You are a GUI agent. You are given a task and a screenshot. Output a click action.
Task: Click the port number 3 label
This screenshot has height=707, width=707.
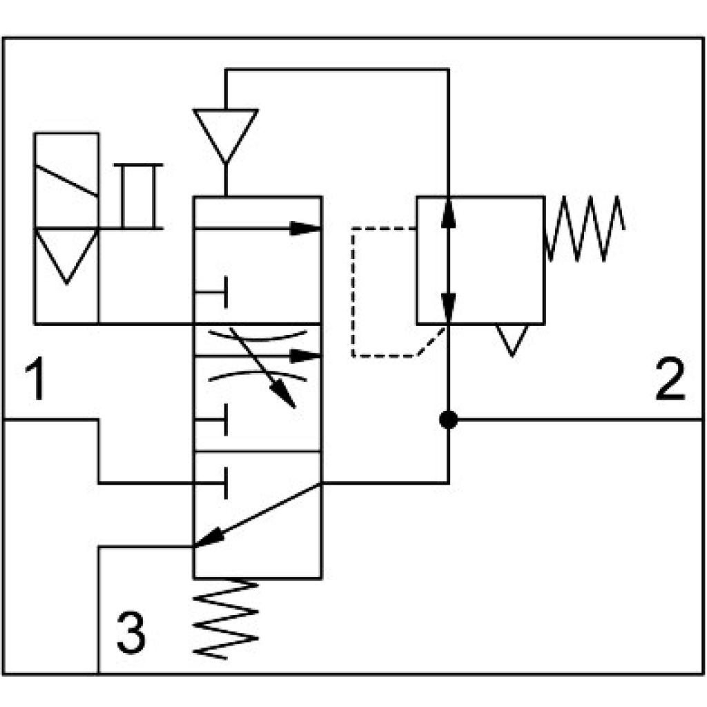[131, 632]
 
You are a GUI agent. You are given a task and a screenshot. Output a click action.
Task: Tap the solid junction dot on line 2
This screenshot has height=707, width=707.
[449, 419]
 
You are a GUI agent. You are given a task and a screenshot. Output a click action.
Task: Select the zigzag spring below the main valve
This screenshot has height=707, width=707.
[226, 618]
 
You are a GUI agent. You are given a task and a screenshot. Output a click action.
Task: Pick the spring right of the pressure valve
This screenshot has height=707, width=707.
[585, 228]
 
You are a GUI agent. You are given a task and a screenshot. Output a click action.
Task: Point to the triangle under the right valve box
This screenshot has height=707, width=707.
[512, 338]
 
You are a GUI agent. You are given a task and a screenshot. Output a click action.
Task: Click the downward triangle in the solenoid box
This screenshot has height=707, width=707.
[66, 253]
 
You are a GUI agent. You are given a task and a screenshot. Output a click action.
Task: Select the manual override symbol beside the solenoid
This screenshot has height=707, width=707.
[139, 196]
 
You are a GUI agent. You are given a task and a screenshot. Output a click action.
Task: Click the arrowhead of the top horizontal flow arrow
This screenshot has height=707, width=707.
[305, 229]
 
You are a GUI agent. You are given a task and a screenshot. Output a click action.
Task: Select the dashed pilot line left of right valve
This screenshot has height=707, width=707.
[353, 290]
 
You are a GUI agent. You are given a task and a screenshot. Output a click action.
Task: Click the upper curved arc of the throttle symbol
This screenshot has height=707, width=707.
[258, 337]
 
